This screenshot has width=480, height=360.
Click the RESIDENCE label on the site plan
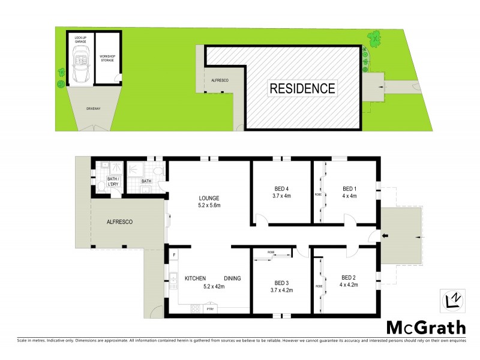click(302, 89)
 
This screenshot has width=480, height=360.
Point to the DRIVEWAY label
click(93, 109)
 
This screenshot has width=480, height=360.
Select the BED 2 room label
click(349, 277)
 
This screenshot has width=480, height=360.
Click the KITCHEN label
click(196, 278)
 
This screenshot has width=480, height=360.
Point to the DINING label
click(233, 278)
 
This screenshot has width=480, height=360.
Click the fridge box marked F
click(173, 255)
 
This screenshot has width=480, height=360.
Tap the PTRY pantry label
click(210, 309)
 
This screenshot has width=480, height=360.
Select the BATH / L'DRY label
click(112, 181)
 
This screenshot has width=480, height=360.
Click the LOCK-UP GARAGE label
click(80, 39)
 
